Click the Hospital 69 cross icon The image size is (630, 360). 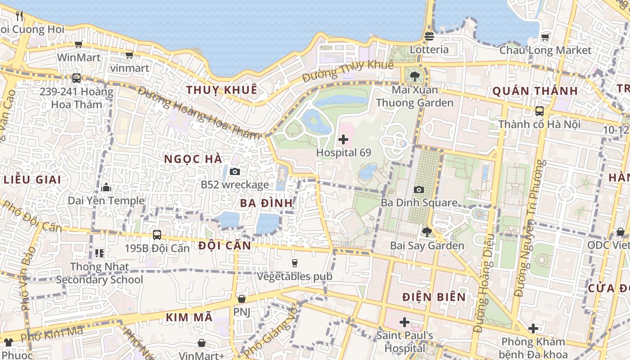pyautogui.click(x=343, y=139)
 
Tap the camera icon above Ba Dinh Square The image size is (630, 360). pyautogui.click(x=419, y=189)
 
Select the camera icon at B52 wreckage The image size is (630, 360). pyautogui.click(x=234, y=171)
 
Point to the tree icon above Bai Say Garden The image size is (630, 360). pyautogui.click(x=427, y=232)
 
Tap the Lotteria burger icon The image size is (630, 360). pyautogui.click(x=429, y=36)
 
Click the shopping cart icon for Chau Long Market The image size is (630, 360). pyautogui.click(x=545, y=37)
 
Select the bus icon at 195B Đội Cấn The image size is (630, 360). pyautogui.click(x=157, y=234)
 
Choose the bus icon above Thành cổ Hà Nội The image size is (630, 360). pyautogui.click(x=539, y=111)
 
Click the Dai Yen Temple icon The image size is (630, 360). pyautogui.click(x=106, y=187)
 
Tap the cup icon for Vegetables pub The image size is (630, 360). pyautogui.click(x=295, y=263)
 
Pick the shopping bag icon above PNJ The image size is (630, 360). pyautogui.click(x=242, y=299)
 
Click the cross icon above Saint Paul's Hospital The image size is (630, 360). pyautogui.click(x=404, y=322)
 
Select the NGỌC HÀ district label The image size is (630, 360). pyautogui.click(x=193, y=159)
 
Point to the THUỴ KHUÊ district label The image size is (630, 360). pyautogui.click(x=222, y=90)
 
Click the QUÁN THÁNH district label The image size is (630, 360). pyautogui.click(x=535, y=91)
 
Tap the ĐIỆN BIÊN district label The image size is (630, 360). pyautogui.click(x=434, y=297)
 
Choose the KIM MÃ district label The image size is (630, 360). pyautogui.click(x=189, y=317)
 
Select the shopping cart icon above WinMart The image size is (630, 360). pyautogui.click(x=78, y=44)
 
